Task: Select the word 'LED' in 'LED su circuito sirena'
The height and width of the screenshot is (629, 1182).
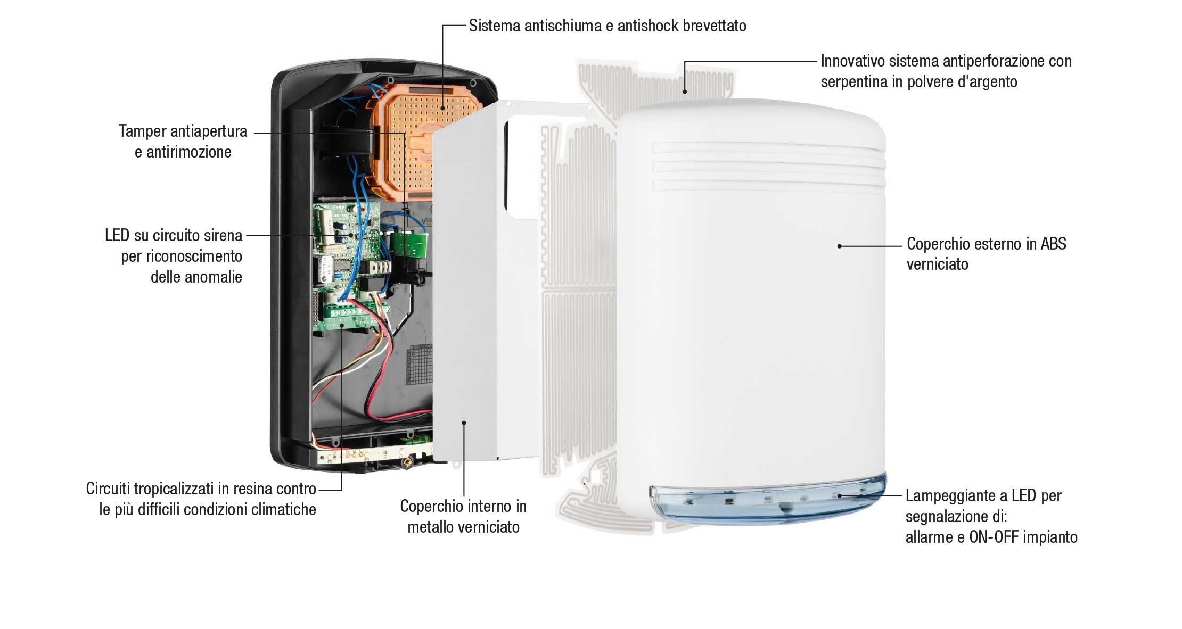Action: (x=117, y=235)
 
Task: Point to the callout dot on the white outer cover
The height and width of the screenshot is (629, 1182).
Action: (x=839, y=246)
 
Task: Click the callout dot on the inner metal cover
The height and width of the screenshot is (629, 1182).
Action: (x=464, y=423)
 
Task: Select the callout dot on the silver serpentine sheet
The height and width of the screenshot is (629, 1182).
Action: (x=685, y=92)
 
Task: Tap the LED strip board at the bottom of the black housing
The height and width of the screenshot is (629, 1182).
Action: (x=373, y=452)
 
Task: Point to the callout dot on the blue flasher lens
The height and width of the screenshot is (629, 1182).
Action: (x=840, y=495)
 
